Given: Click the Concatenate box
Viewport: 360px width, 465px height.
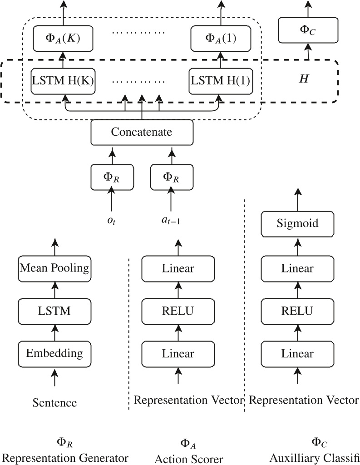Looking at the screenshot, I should click(x=142, y=132).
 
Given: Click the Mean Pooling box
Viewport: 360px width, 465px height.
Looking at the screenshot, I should click(x=54, y=268).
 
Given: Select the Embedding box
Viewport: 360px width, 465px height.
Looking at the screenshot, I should click(x=54, y=353).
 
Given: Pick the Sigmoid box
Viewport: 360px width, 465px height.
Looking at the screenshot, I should click(x=297, y=223).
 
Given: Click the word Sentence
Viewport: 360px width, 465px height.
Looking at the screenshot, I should click(x=54, y=402).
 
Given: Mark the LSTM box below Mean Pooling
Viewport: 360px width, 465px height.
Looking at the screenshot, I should click(x=54, y=311).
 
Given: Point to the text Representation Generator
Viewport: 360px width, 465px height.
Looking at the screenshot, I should click(x=65, y=457).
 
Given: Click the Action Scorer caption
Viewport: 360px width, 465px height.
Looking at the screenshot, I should click(x=189, y=459).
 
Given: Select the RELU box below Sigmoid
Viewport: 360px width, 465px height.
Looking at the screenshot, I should click(x=297, y=311).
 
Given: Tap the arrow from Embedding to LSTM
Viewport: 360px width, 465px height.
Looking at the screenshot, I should click(x=54, y=332).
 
